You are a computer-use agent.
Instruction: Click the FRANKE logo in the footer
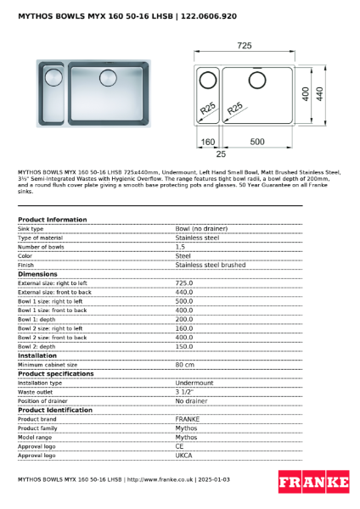314,482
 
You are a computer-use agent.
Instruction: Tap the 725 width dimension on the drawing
245,44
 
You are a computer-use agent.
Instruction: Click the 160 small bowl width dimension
207,143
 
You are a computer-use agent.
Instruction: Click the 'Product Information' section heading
52,220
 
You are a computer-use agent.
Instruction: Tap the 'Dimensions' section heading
37,274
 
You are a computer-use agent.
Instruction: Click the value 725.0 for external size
183,283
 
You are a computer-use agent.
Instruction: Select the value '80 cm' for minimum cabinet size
185,365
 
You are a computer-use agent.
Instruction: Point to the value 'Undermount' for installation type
194,383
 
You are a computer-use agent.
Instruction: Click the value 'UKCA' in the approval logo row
184,456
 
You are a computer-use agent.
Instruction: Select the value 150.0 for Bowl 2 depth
183,346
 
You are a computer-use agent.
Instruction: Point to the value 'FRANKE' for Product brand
188,419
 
